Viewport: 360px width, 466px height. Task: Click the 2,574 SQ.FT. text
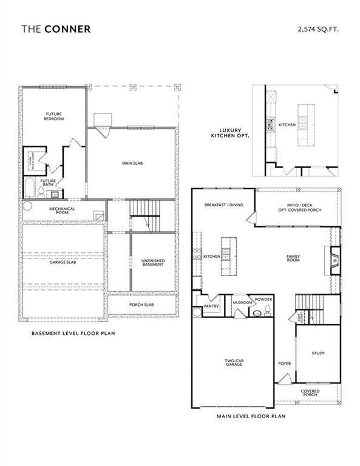(x=318, y=29)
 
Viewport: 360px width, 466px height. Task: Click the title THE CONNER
(x=56, y=29)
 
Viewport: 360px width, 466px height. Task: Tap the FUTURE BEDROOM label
(x=55, y=116)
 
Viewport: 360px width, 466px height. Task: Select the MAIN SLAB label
(x=132, y=163)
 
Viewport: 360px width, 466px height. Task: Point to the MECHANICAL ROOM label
(x=61, y=211)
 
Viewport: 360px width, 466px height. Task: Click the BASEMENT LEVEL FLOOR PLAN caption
(x=73, y=333)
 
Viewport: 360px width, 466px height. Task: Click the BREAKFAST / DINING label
(x=223, y=205)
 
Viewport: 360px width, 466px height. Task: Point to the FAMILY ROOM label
(x=293, y=258)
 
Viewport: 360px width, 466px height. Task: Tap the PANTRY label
(x=211, y=307)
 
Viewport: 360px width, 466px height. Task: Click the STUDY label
(x=318, y=353)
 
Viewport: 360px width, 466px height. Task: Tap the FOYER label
(x=284, y=364)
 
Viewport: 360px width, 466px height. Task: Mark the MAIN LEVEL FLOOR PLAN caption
(x=251, y=417)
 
